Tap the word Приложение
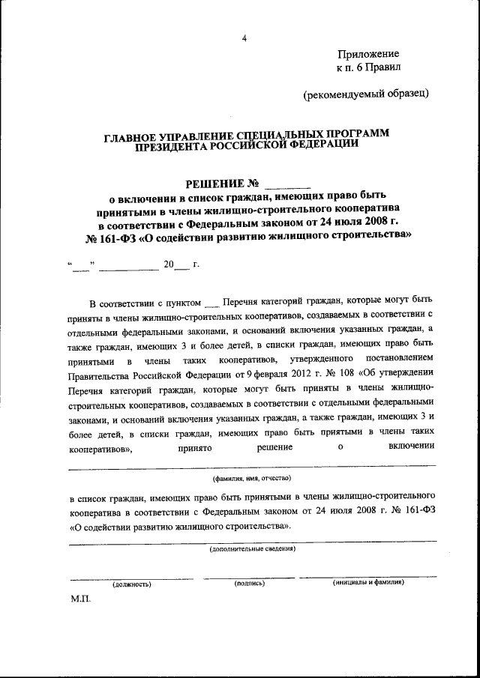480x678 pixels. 368,54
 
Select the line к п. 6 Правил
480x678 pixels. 368,67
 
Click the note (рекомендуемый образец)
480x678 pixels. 366,94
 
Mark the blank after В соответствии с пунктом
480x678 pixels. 211,303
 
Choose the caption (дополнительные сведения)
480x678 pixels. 252,548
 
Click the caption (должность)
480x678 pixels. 132,584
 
